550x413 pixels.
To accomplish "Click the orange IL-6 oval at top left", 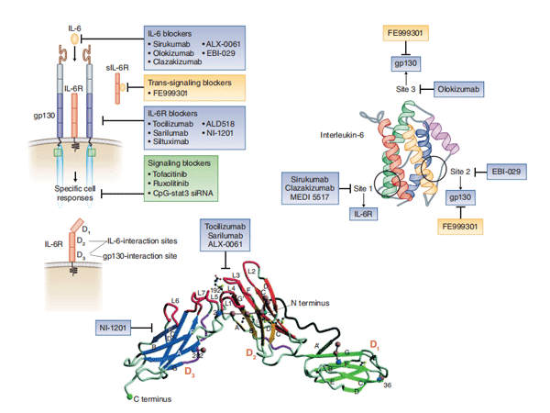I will coord(76,39).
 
